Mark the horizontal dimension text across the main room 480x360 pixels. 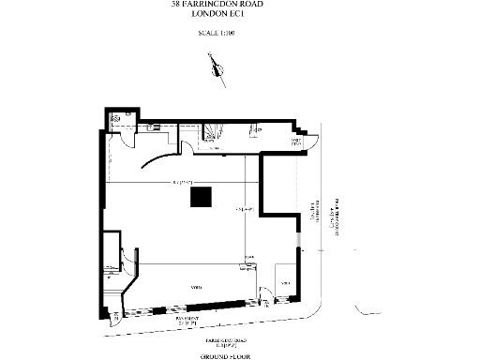coord(181,181)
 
